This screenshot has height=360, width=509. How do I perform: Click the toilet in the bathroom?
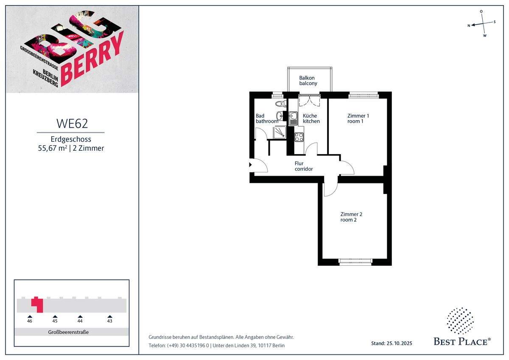click(281, 104)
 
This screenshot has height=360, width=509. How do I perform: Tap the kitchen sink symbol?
click(294, 118)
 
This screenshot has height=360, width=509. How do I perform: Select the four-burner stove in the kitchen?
click(299, 137)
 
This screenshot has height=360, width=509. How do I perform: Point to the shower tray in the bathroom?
click(280, 132)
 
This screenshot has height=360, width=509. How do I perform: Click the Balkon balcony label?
click(308, 81)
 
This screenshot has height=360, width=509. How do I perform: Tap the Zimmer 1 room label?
click(358, 118)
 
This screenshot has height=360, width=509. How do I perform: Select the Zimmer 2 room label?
click(351, 217)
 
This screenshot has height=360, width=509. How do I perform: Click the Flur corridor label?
click(304, 166)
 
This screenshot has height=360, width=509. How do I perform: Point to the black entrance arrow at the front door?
click(250, 164)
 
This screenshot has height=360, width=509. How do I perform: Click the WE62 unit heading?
click(72, 124)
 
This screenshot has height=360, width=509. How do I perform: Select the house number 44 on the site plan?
click(80, 321)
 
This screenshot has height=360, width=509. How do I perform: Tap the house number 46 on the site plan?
click(30, 321)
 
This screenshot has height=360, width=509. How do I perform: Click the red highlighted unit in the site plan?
click(38, 305)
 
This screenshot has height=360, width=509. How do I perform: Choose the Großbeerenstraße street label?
click(68, 332)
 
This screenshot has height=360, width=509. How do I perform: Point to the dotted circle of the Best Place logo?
click(460, 321)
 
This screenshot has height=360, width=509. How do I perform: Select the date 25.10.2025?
click(399, 343)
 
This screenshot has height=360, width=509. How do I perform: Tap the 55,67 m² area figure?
click(53, 148)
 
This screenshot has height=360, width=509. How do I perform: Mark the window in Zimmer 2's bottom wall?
click(355, 262)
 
